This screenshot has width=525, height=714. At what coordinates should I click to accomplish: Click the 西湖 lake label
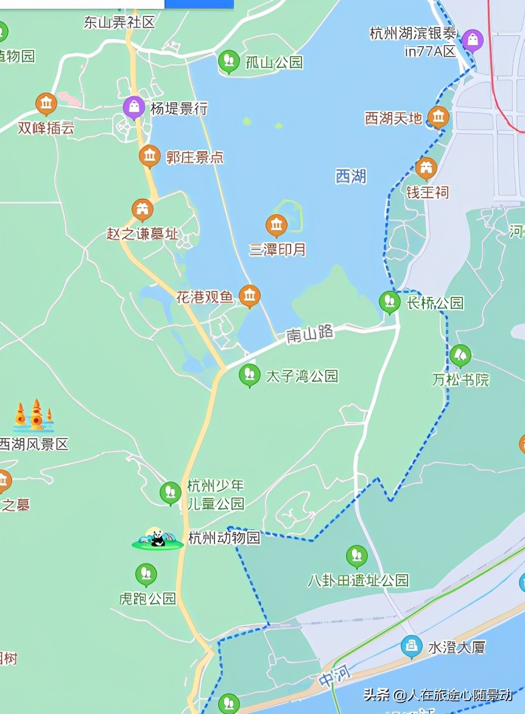click(x=351, y=176)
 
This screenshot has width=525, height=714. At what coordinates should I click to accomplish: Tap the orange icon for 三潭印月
click(x=277, y=226)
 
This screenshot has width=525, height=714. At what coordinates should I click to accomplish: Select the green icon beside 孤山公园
click(x=229, y=61)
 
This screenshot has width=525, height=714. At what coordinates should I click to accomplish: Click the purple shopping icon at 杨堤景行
click(x=134, y=108)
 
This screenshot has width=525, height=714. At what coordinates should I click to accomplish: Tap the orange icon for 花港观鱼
click(x=249, y=296)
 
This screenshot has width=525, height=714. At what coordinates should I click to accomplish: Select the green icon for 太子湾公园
click(x=249, y=375)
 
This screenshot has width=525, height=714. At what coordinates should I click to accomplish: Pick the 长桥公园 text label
click(x=435, y=303)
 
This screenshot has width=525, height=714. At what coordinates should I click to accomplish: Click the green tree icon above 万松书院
click(x=460, y=355)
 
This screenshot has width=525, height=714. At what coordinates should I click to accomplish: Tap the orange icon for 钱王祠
click(x=426, y=168)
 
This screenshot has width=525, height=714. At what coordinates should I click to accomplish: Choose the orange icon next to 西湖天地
click(x=438, y=116)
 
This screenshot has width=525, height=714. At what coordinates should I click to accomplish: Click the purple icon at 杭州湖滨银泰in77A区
click(x=472, y=40)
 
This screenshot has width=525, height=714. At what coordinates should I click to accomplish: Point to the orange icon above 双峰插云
click(x=46, y=104)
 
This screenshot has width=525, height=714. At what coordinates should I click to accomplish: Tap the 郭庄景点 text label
click(x=195, y=158)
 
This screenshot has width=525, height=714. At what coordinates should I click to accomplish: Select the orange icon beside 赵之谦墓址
click(x=143, y=210)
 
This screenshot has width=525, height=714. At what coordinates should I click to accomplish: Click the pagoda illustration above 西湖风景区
click(x=34, y=416)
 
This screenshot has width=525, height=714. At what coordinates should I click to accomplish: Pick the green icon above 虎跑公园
click(x=146, y=574)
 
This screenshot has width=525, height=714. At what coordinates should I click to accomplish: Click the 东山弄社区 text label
click(x=119, y=23)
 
